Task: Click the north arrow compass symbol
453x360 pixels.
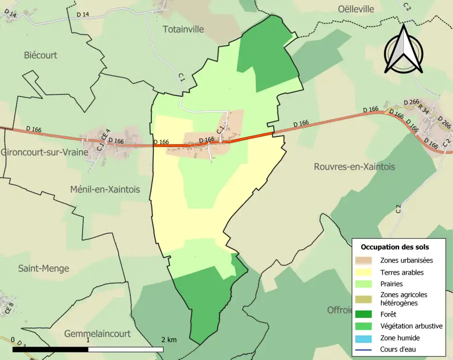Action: pos(403,50)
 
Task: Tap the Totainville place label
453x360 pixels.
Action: pos(183,29)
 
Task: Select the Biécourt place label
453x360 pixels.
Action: pos(41,55)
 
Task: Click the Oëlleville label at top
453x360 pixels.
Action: pos(356,9)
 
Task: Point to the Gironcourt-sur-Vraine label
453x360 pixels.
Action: pos(44,152)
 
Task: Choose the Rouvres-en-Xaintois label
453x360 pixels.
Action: pos(354,167)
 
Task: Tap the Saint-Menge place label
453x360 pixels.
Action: pos(43,268)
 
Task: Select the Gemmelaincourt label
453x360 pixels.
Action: pos(97,334)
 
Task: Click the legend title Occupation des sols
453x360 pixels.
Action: pos(395,247)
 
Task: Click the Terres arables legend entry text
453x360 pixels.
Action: pos(402,272)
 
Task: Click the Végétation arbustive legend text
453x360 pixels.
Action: pos(411,326)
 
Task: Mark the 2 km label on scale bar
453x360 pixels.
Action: pos(168,340)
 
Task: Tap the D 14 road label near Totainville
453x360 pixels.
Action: pos(83,15)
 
